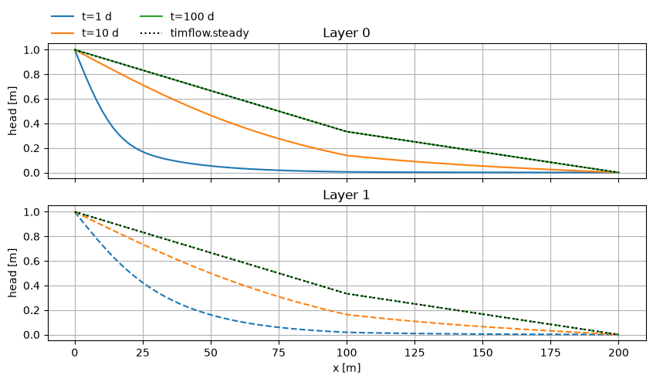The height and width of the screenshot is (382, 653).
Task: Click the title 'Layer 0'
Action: point(346,33)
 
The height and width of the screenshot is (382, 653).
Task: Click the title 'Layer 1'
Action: point(346,195)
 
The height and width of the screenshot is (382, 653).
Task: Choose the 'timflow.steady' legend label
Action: point(209,33)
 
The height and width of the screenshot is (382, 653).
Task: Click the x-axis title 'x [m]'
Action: point(347,368)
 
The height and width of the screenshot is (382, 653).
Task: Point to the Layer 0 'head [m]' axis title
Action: point(12,111)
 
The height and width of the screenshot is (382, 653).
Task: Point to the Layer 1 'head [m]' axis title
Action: point(12,273)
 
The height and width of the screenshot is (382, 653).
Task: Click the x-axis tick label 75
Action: point(279,353)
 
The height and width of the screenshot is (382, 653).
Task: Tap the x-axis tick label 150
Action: point(482,353)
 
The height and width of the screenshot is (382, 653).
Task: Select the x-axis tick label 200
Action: point(618,353)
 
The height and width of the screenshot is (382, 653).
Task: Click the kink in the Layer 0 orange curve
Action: point(347,155)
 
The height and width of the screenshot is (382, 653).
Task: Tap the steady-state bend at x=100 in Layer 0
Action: point(347,132)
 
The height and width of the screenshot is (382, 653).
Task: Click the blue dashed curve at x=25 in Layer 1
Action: point(143,283)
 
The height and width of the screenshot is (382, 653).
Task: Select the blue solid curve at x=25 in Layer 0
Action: point(143,151)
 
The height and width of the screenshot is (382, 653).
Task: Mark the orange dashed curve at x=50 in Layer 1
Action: point(211,274)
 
